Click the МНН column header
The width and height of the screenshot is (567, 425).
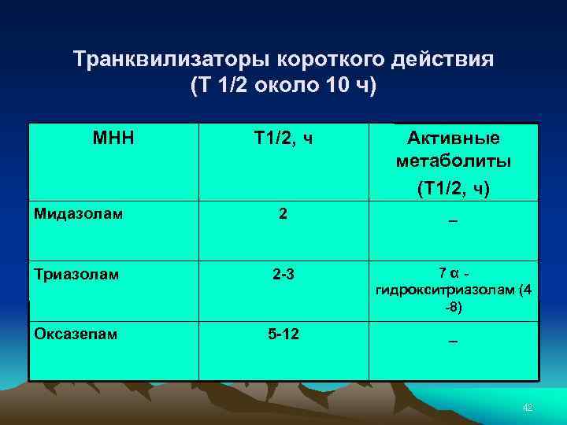click(x=113, y=139)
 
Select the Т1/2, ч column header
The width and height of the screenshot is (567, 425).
click(x=283, y=139)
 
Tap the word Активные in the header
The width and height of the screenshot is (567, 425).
click(x=454, y=139)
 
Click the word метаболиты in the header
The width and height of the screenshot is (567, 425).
click(x=454, y=161)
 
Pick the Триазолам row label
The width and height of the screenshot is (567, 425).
click(x=76, y=275)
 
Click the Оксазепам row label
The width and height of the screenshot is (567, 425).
click(x=76, y=334)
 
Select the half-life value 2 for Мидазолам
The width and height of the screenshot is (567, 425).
click(x=283, y=213)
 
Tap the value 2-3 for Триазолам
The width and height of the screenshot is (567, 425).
click(x=283, y=275)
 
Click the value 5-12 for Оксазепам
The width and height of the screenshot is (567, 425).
click(x=283, y=334)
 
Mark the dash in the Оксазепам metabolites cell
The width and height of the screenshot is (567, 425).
click(x=453, y=342)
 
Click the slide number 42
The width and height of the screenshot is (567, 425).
click(x=528, y=406)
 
